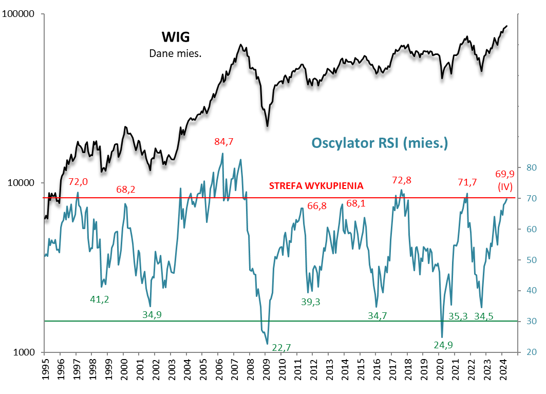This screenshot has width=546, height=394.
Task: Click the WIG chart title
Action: [x=176, y=37]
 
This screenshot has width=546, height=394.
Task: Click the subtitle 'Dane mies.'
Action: [x=175, y=53]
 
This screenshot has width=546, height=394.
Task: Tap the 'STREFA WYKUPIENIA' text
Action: [x=316, y=186]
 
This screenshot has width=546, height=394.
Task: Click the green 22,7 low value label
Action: [x=281, y=348]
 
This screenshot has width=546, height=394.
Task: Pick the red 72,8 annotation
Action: [x=402, y=180]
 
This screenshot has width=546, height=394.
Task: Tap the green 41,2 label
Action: [x=99, y=299]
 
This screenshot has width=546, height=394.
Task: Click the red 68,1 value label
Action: [x=356, y=203]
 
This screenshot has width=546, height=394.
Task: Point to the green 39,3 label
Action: [x=310, y=302]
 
